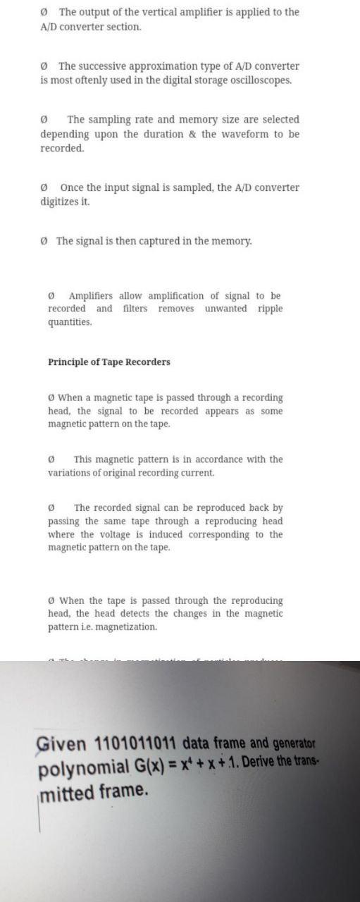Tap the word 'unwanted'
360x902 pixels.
point(225,309)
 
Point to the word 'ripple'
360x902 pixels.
point(270,309)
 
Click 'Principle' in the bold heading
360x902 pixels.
point(70,362)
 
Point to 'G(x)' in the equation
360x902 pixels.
point(149,766)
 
